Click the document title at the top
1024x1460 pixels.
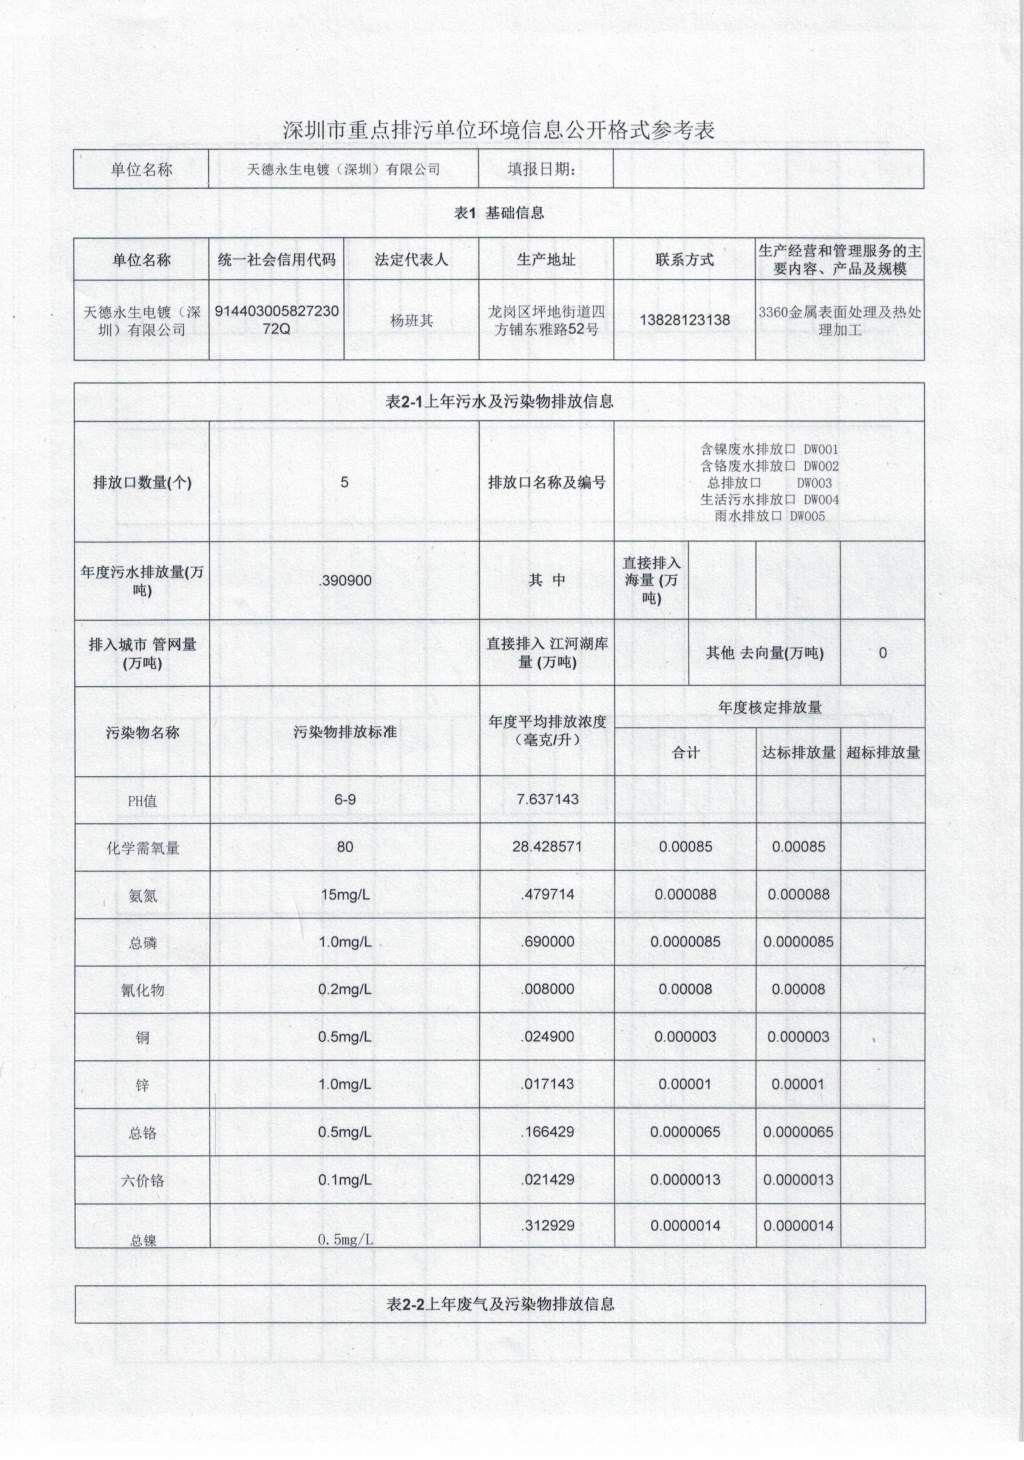pyautogui.click(x=499, y=130)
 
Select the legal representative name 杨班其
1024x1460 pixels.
pyautogui.click(x=411, y=320)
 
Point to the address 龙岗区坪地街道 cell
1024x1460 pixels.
pyautogui.click(x=546, y=319)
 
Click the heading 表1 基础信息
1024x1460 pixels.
pyautogui.click(x=499, y=213)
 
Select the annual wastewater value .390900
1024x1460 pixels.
pyautogui.click(x=345, y=580)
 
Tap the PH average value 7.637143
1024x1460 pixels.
pyautogui.click(x=547, y=799)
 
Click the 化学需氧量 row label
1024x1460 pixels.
pyautogui.click(x=143, y=848)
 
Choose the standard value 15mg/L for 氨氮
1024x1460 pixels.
pyautogui.click(x=345, y=894)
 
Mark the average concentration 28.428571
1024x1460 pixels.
pyautogui.click(x=547, y=846)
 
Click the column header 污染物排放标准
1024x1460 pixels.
pyautogui.click(x=345, y=732)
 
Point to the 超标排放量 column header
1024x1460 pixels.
pyautogui.click(x=882, y=752)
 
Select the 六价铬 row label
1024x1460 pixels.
pyautogui.click(x=143, y=1180)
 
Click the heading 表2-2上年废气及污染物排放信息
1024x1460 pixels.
pyautogui.click(x=499, y=1304)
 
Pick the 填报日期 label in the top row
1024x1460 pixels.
pyautogui.click(x=546, y=169)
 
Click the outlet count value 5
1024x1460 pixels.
pyautogui.click(x=345, y=482)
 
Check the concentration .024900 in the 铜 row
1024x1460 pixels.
pyautogui.click(x=547, y=1036)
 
